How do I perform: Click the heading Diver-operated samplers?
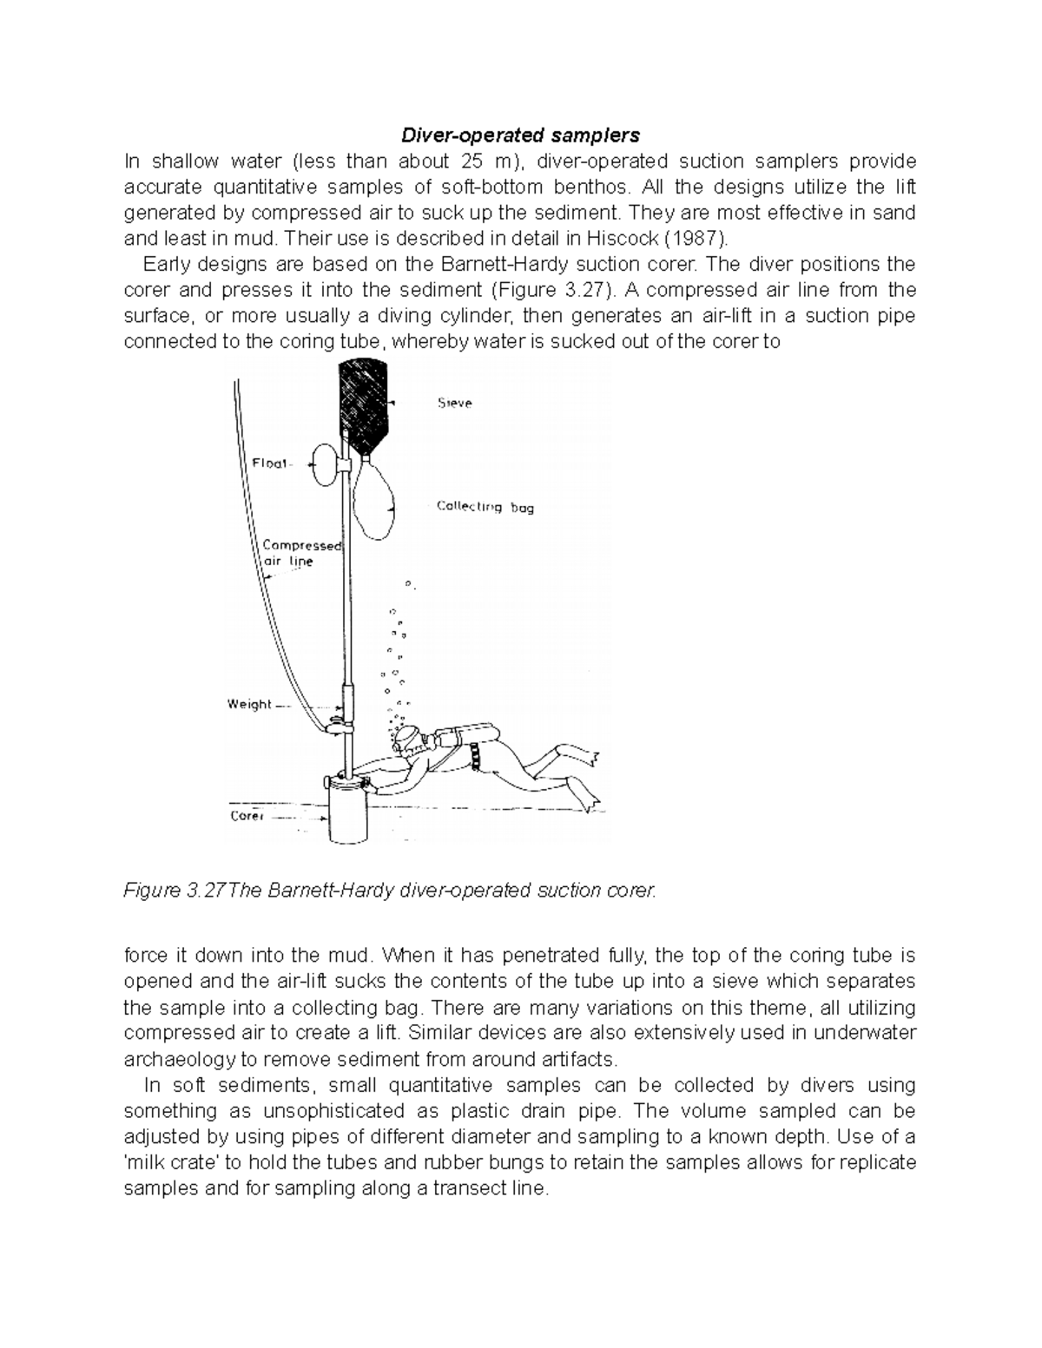tap(519, 135)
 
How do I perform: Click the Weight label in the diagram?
tap(250, 704)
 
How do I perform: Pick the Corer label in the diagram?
tap(247, 816)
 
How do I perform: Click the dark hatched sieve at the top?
tap(364, 404)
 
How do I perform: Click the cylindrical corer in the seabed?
tap(348, 814)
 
